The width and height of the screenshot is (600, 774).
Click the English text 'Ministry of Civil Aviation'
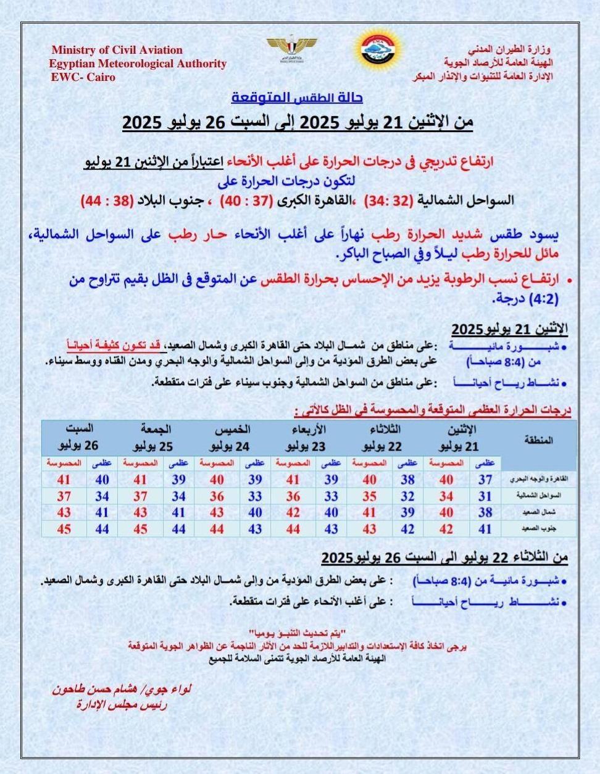coord(117,50)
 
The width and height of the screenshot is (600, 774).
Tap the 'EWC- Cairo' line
coord(83,77)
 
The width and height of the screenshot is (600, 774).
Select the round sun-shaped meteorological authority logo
coord(380,48)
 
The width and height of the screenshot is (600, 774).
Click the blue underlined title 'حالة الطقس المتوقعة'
coord(297,98)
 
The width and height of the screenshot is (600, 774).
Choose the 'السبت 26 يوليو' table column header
coord(79,437)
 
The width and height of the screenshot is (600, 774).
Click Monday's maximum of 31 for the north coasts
coord(485,496)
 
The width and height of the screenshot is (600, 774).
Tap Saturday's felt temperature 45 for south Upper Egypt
coord(64,529)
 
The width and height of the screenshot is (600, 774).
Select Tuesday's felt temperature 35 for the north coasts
coord(369,496)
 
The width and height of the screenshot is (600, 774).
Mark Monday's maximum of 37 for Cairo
coord(485,480)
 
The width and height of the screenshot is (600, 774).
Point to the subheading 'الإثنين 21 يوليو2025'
coord(509,327)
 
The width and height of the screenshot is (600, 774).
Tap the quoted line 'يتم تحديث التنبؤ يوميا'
coord(297,634)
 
